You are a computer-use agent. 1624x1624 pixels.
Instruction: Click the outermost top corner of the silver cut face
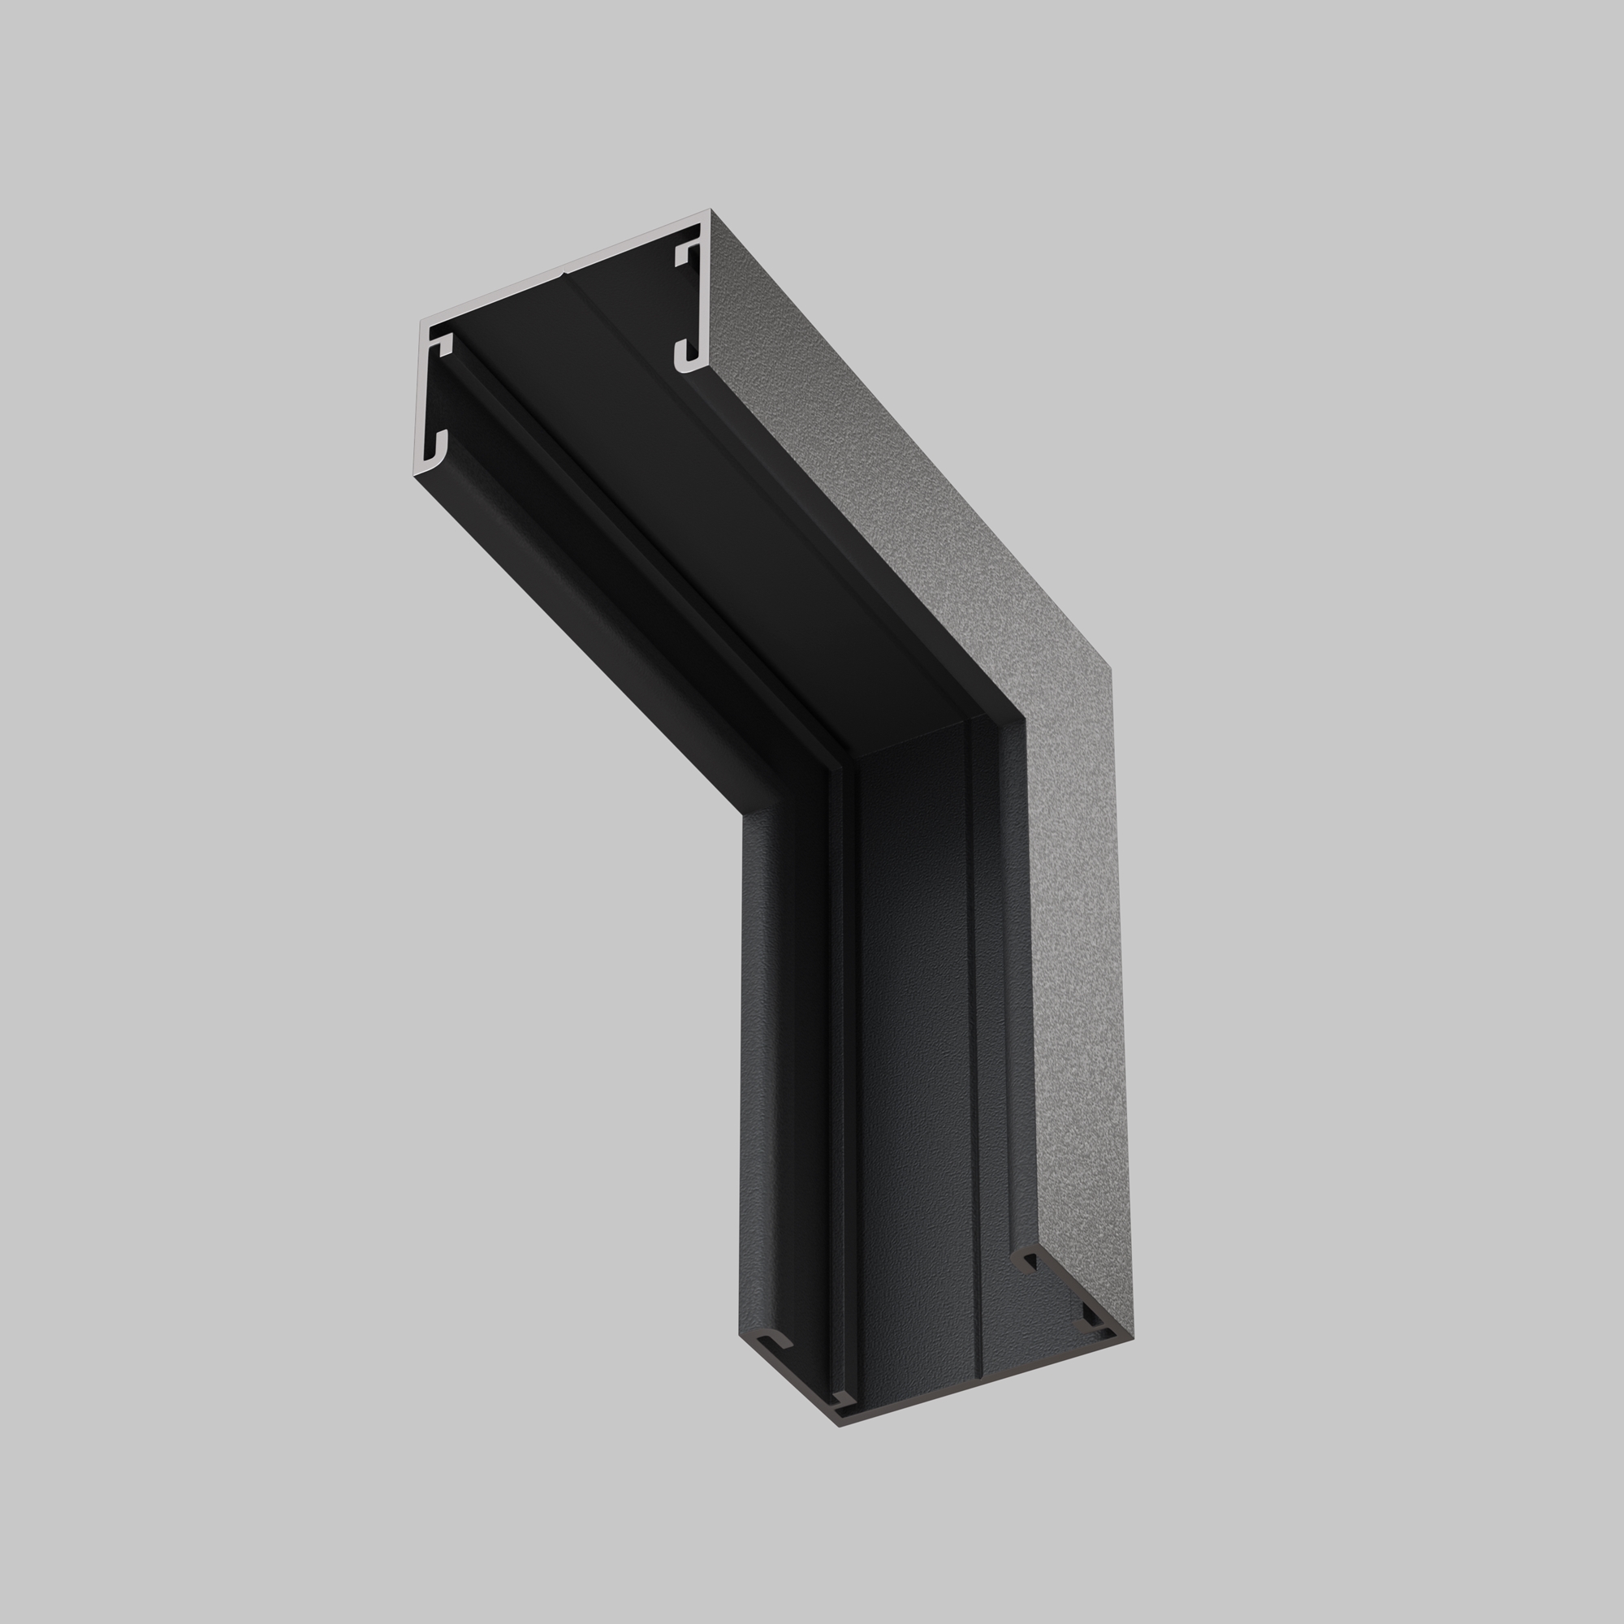(x=710, y=210)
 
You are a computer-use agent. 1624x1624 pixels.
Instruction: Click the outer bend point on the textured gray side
(x=1112, y=669)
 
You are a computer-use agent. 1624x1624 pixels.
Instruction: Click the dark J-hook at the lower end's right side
(x=1026, y=1261)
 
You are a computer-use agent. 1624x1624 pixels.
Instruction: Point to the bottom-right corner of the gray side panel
(x=1133, y=1335)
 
